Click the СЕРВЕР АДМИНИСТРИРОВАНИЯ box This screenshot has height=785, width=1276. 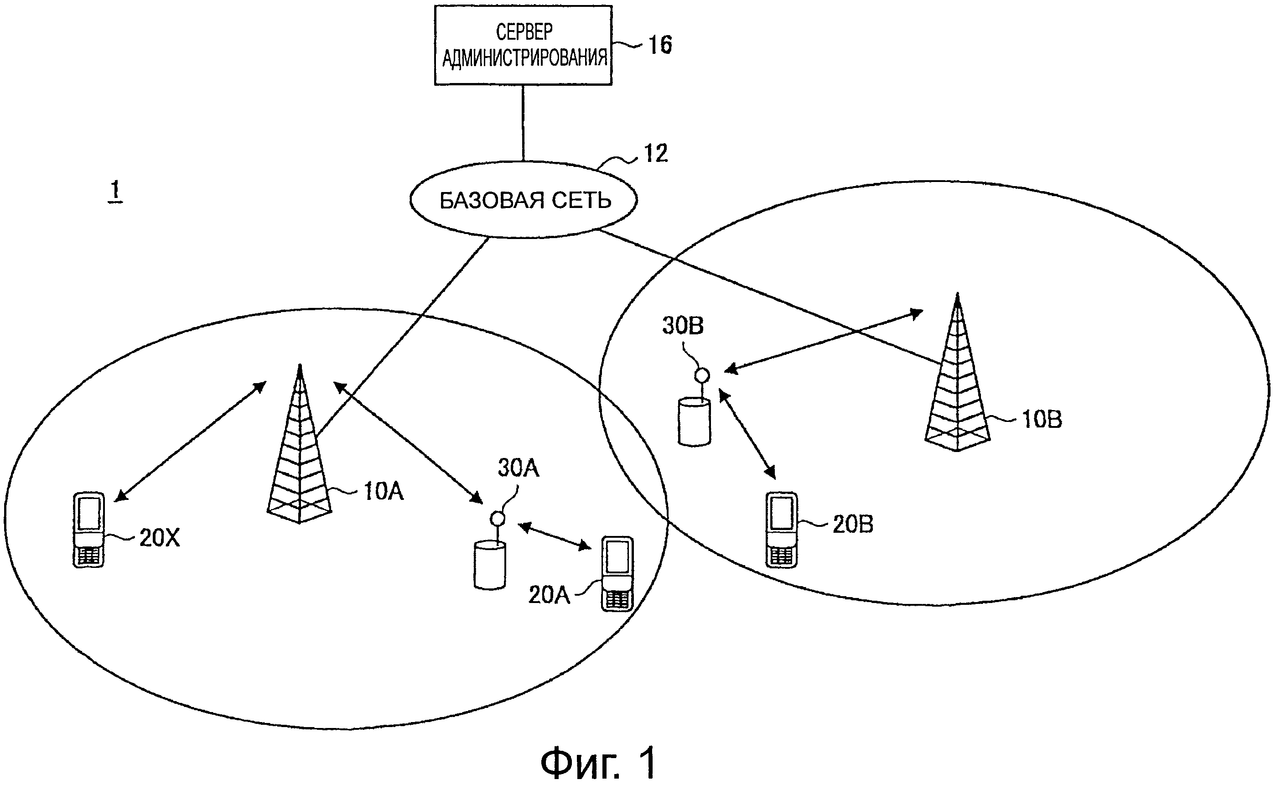(523, 45)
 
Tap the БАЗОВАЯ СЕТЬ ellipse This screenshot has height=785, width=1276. (524, 200)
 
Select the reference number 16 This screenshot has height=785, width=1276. (660, 45)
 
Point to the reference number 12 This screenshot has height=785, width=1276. (655, 154)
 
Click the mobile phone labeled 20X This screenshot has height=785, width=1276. (89, 530)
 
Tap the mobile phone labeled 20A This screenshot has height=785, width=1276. (617, 574)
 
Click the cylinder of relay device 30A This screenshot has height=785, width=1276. (489, 565)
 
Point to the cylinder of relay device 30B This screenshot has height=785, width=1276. (694, 421)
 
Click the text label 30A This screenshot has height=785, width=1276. (519, 468)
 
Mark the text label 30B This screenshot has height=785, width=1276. (683, 326)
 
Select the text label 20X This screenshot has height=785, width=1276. (160, 538)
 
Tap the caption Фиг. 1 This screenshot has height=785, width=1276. (598, 762)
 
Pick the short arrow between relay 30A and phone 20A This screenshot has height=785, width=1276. (554, 537)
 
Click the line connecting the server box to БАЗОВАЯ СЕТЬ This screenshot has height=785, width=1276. (523, 123)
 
